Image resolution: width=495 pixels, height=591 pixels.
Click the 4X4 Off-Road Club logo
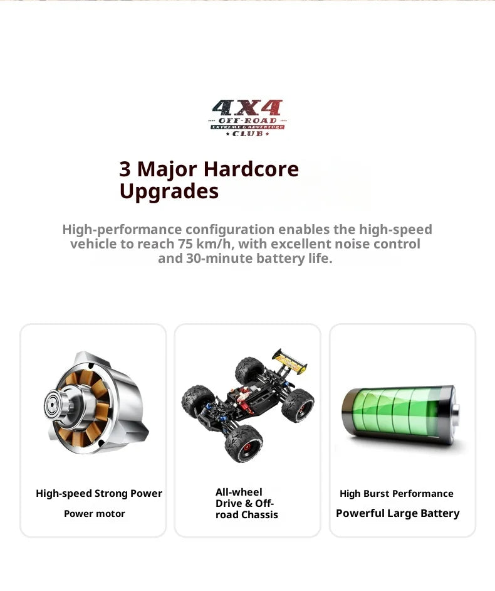tap(247, 118)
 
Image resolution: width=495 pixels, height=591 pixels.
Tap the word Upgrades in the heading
tap(169, 191)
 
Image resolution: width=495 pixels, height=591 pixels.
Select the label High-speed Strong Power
tap(99, 494)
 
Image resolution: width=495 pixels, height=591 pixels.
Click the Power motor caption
tap(95, 514)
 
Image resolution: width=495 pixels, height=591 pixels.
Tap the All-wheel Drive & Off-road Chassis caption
tap(246, 504)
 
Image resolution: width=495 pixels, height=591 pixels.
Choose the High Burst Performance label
tap(396, 494)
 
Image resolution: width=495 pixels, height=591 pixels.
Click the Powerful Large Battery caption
tap(397, 514)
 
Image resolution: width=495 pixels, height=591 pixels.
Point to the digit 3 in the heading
tap(125, 169)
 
